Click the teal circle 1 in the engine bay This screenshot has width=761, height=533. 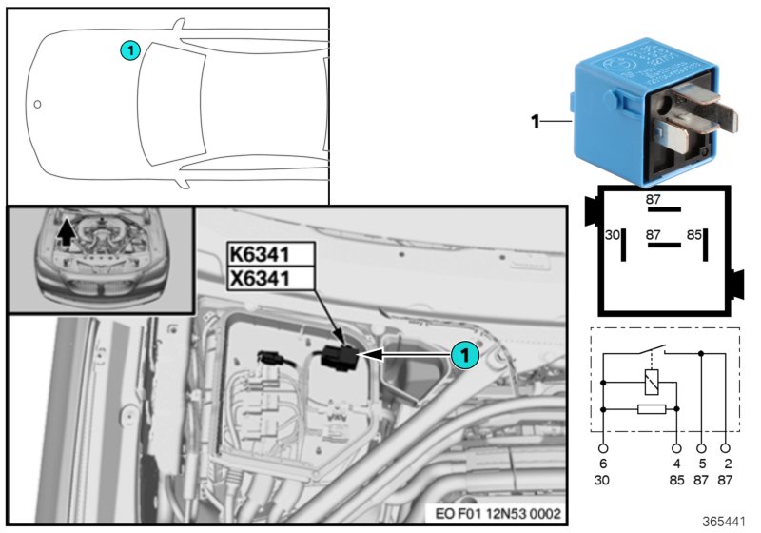click(x=462, y=354)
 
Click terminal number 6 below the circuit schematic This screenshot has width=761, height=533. click(x=603, y=464)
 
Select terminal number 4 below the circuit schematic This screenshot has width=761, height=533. click(x=677, y=464)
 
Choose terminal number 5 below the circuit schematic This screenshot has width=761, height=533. click(x=702, y=464)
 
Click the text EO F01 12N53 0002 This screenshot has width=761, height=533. click(x=503, y=514)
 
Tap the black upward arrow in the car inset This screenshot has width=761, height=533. click(x=66, y=233)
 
